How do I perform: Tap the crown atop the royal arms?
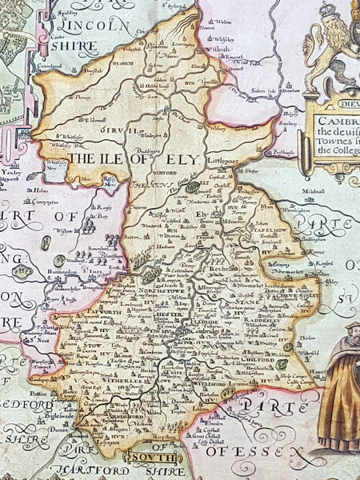pyautogui.click(x=330, y=10)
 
